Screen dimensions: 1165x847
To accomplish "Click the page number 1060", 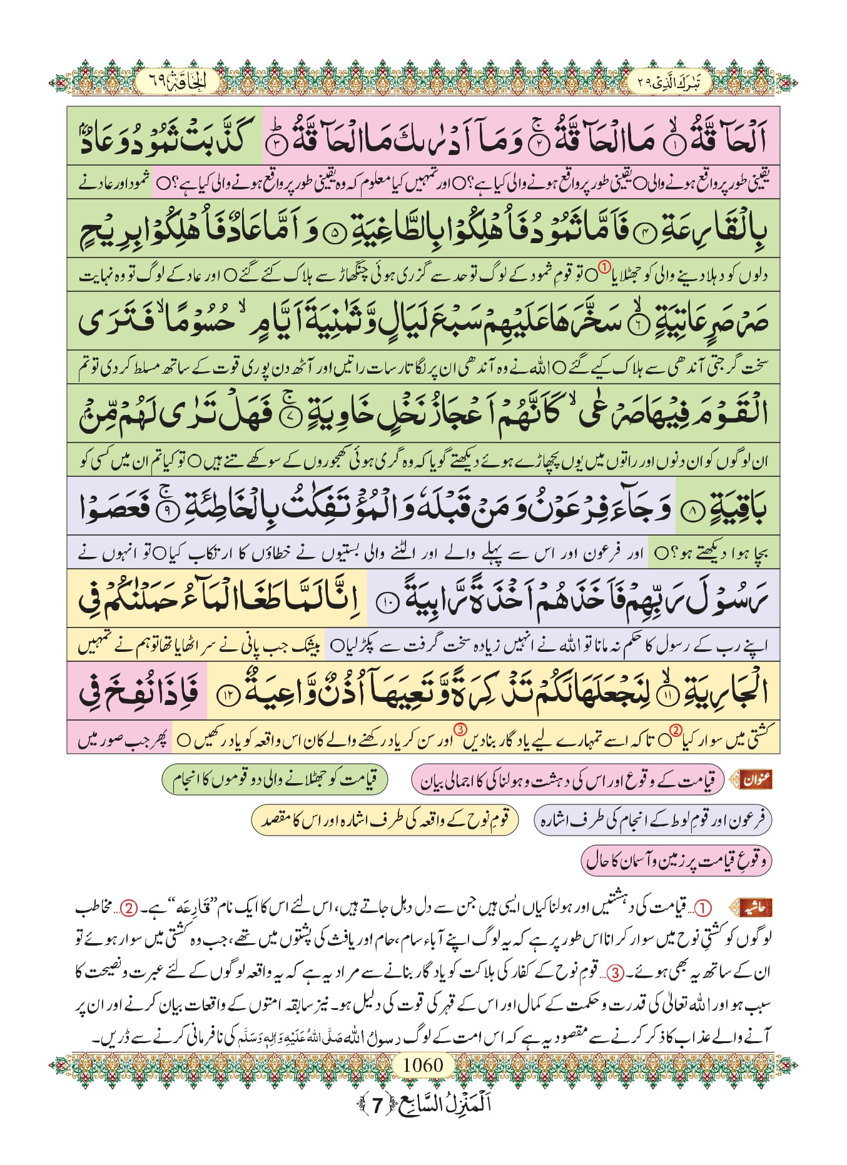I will (423, 1064).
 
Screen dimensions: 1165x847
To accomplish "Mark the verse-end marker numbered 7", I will (288, 417).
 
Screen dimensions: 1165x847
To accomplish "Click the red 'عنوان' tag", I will (756, 779).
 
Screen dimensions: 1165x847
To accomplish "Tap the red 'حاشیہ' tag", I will (755, 907).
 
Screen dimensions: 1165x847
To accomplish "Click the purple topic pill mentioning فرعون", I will (653, 820).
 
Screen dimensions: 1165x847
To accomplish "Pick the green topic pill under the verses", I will (275, 779).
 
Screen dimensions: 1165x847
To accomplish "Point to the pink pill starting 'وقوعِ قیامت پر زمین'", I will (676, 860).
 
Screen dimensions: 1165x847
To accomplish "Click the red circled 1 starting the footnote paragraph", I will (704, 907).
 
